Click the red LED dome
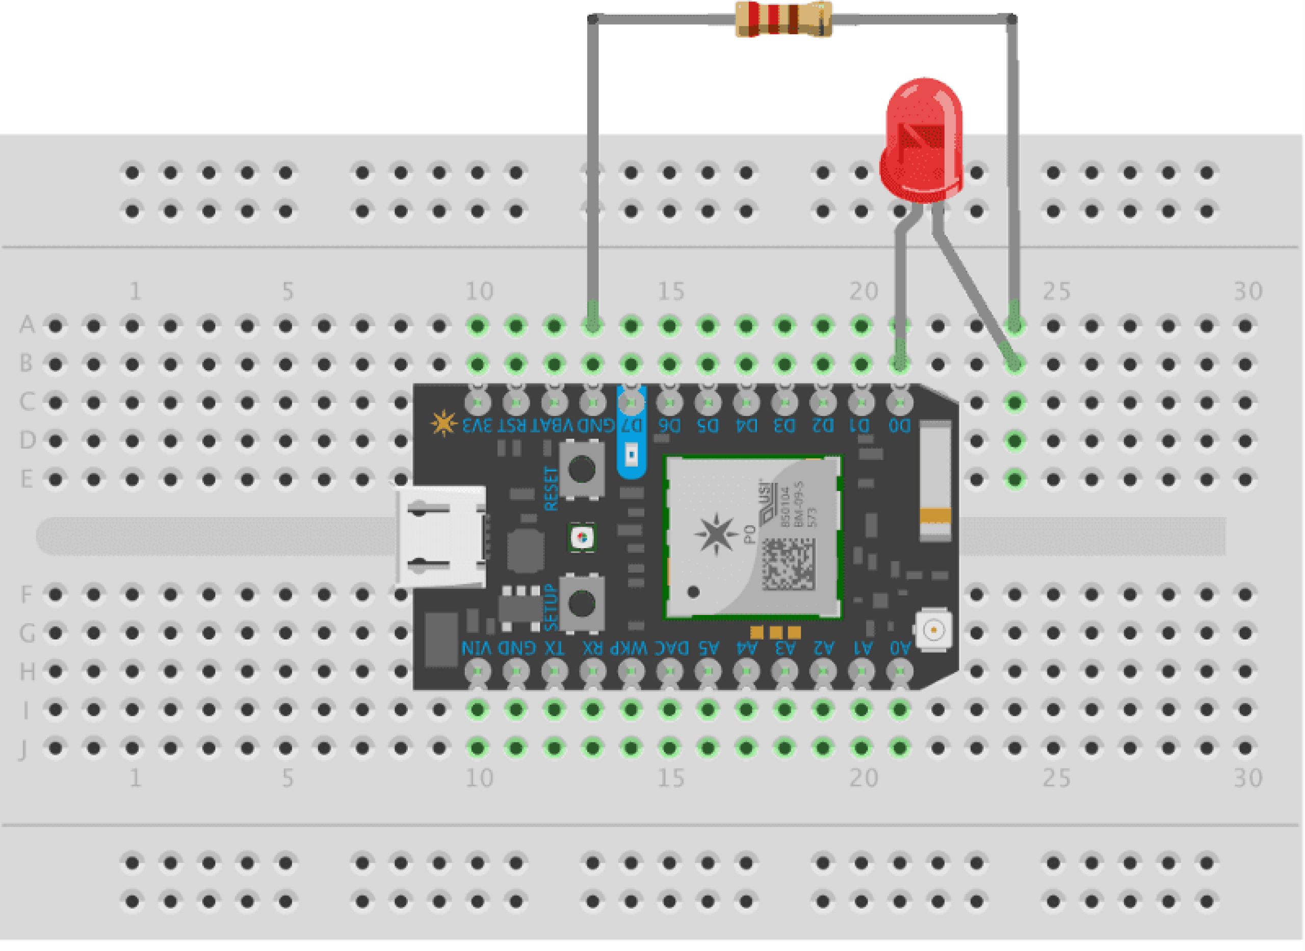(x=922, y=138)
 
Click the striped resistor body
(x=783, y=19)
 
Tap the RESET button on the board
(x=582, y=469)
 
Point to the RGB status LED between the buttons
(x=582, y=537)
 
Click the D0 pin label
(x=899, y=425)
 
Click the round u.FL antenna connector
(x=933, y=630)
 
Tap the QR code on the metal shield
(x=788, y=564)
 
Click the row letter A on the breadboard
(x=27, y=325)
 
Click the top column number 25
(x=1056, y=292)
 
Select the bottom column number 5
(x=288, y=778)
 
